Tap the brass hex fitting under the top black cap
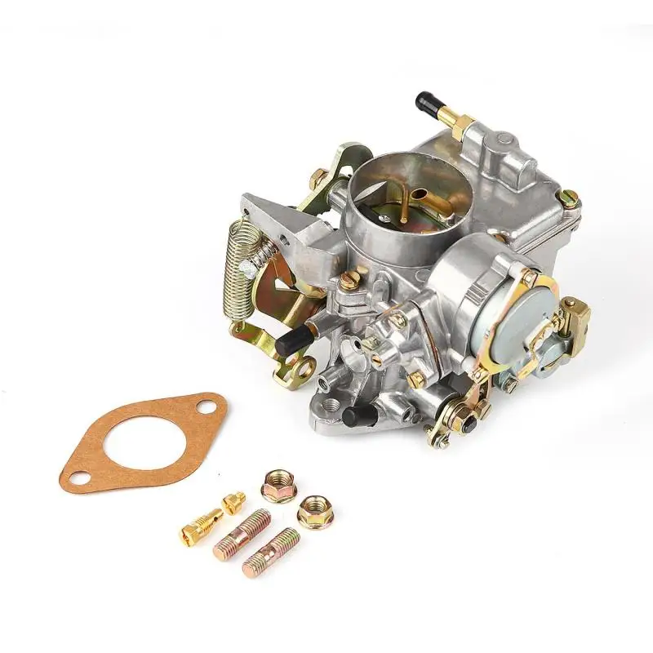(459, 126)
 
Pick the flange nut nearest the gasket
(278, 486)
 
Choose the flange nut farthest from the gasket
(312, 511)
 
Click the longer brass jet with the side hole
(201, 526)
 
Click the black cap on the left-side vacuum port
(289, 344)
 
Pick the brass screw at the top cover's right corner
(569, 197)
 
